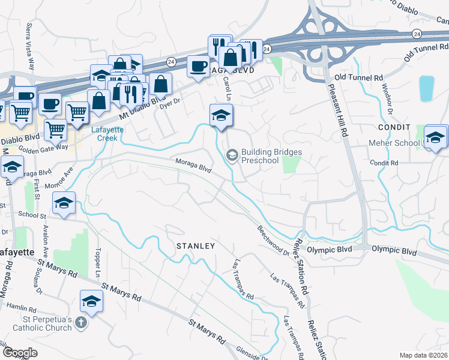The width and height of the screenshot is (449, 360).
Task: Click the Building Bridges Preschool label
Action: [x=271, y=156]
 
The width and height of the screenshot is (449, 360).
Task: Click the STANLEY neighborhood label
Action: [x=195, y=246]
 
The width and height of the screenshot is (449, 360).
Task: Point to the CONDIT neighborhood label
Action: [x=394, y=127]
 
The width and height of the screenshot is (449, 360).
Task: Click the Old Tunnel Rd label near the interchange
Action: [x=358, y=77]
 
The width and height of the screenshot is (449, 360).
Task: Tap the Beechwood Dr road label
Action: [x=273, y=240]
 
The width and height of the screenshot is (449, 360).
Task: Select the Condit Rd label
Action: [x=384, y=163]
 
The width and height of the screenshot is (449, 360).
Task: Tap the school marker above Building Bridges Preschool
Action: [x=221, y=115]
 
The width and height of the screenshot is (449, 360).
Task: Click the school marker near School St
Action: [x=64, y=203]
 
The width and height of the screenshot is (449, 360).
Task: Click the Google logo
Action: [x=20, y=353]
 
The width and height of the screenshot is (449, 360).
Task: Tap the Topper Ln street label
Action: [x=97, y=262]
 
